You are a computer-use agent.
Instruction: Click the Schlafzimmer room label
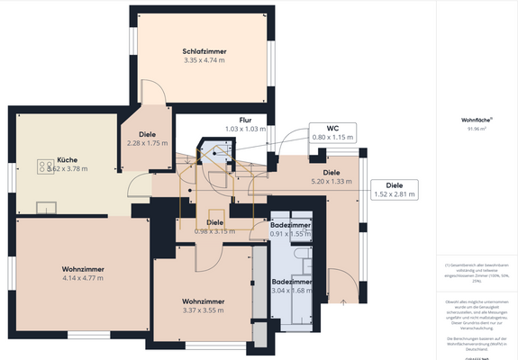(x=204, y=51)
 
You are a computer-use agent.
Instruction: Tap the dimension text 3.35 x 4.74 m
(x=204, y=60)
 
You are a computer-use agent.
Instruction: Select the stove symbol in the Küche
(x=44, y=166)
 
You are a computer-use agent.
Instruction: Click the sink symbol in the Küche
(x=44, y=207)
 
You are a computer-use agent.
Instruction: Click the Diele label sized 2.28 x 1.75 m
(x=148, y=134)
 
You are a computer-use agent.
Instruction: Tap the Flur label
(x=245, y=120)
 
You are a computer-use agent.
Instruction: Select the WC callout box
(x=332, y=132)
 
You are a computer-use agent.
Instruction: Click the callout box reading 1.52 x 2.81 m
(x=394, y=188)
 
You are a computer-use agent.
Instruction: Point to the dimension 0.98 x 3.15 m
(x=214, y=231)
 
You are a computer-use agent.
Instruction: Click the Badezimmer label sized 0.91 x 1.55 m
(x=291, y=224)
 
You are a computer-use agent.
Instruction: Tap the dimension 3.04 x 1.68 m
(x=291, y=290)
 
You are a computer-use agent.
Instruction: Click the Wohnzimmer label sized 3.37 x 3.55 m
(x=203, y=301)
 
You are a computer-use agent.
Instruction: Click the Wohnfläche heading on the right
(x=475, y=119)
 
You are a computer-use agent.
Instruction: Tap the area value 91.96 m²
(x=475, y=129)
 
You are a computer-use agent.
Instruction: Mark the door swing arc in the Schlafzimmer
(x=155, y=91)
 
